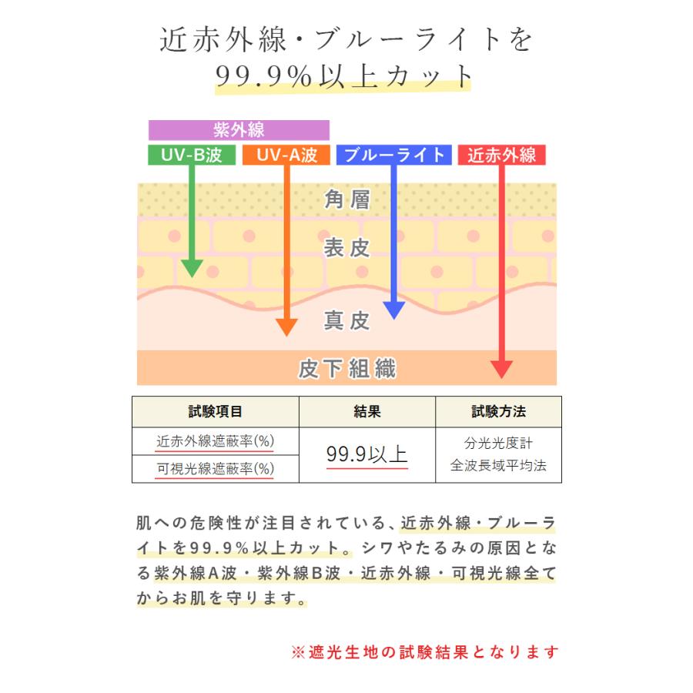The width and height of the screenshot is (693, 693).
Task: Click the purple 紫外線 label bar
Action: click(x=239, y=130)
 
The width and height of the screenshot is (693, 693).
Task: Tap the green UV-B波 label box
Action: click(x=192, y=156)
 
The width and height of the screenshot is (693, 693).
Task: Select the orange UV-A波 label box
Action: click(x=286, y=156)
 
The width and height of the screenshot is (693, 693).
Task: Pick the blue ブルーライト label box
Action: click(x=393, y=156)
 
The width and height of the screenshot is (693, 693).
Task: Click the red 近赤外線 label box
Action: click(x=502, y=156)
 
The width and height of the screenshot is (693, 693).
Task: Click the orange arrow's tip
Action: click(x=286, y=333)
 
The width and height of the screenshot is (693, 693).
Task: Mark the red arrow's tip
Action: click(x=502, y=375)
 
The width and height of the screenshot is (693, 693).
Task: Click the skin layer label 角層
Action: click(x=347, y=200)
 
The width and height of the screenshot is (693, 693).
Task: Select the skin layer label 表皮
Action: click(x=347, y=248)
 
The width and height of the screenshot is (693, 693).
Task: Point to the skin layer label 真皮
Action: click(x=347, y=320)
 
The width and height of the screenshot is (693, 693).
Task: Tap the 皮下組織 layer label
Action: click(x=347, y=369)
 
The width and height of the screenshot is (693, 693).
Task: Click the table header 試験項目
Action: click(x=215, y=412)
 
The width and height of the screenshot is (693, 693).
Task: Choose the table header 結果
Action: click(x=367, y=412)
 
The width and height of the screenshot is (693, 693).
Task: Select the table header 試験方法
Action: click(x=498, y=412)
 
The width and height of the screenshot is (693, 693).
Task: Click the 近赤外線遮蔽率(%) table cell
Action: click(x=215, y=442)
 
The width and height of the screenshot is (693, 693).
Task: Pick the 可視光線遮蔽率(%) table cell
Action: click(x=215, y=469)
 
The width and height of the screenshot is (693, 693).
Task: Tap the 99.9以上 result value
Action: click(x=367, y=455)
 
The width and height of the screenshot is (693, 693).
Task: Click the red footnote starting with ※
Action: click(x=424, y=652)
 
